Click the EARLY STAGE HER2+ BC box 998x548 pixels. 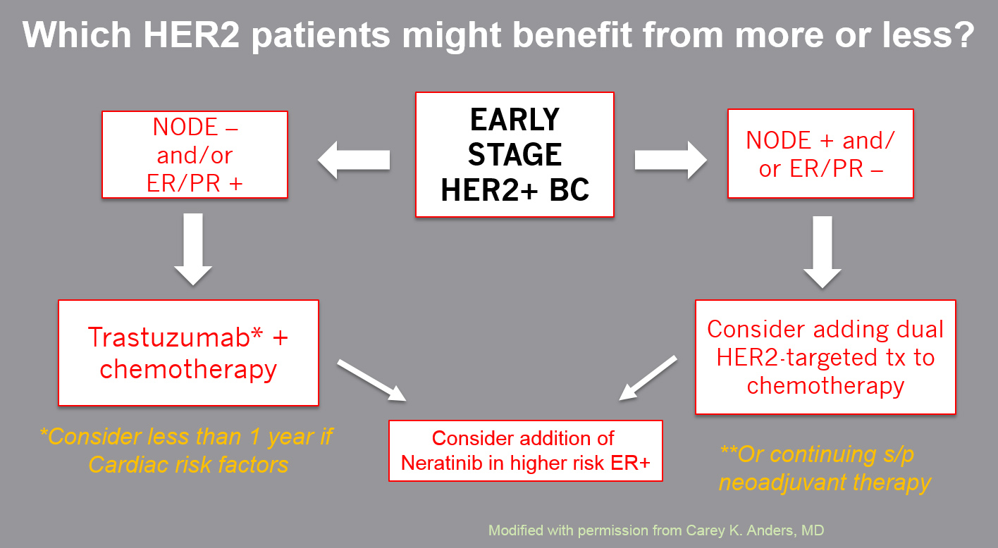(x=515, y=154)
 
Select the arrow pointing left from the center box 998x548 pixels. (x=354, y=160)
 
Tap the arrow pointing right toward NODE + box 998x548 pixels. (x=670, y=160)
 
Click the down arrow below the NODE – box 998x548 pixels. (x=193, y=249)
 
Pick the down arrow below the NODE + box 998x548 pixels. (x=822, y=252)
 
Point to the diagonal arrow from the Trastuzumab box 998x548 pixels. (x=371, y=380)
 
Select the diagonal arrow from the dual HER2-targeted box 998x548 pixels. (x=648, y=378)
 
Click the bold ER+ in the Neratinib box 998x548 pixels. (x=630, y=463)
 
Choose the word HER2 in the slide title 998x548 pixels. (x=191, y=35)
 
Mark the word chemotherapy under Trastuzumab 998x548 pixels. (x=188, y=370)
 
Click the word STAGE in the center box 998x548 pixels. (x=515, y=155)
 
